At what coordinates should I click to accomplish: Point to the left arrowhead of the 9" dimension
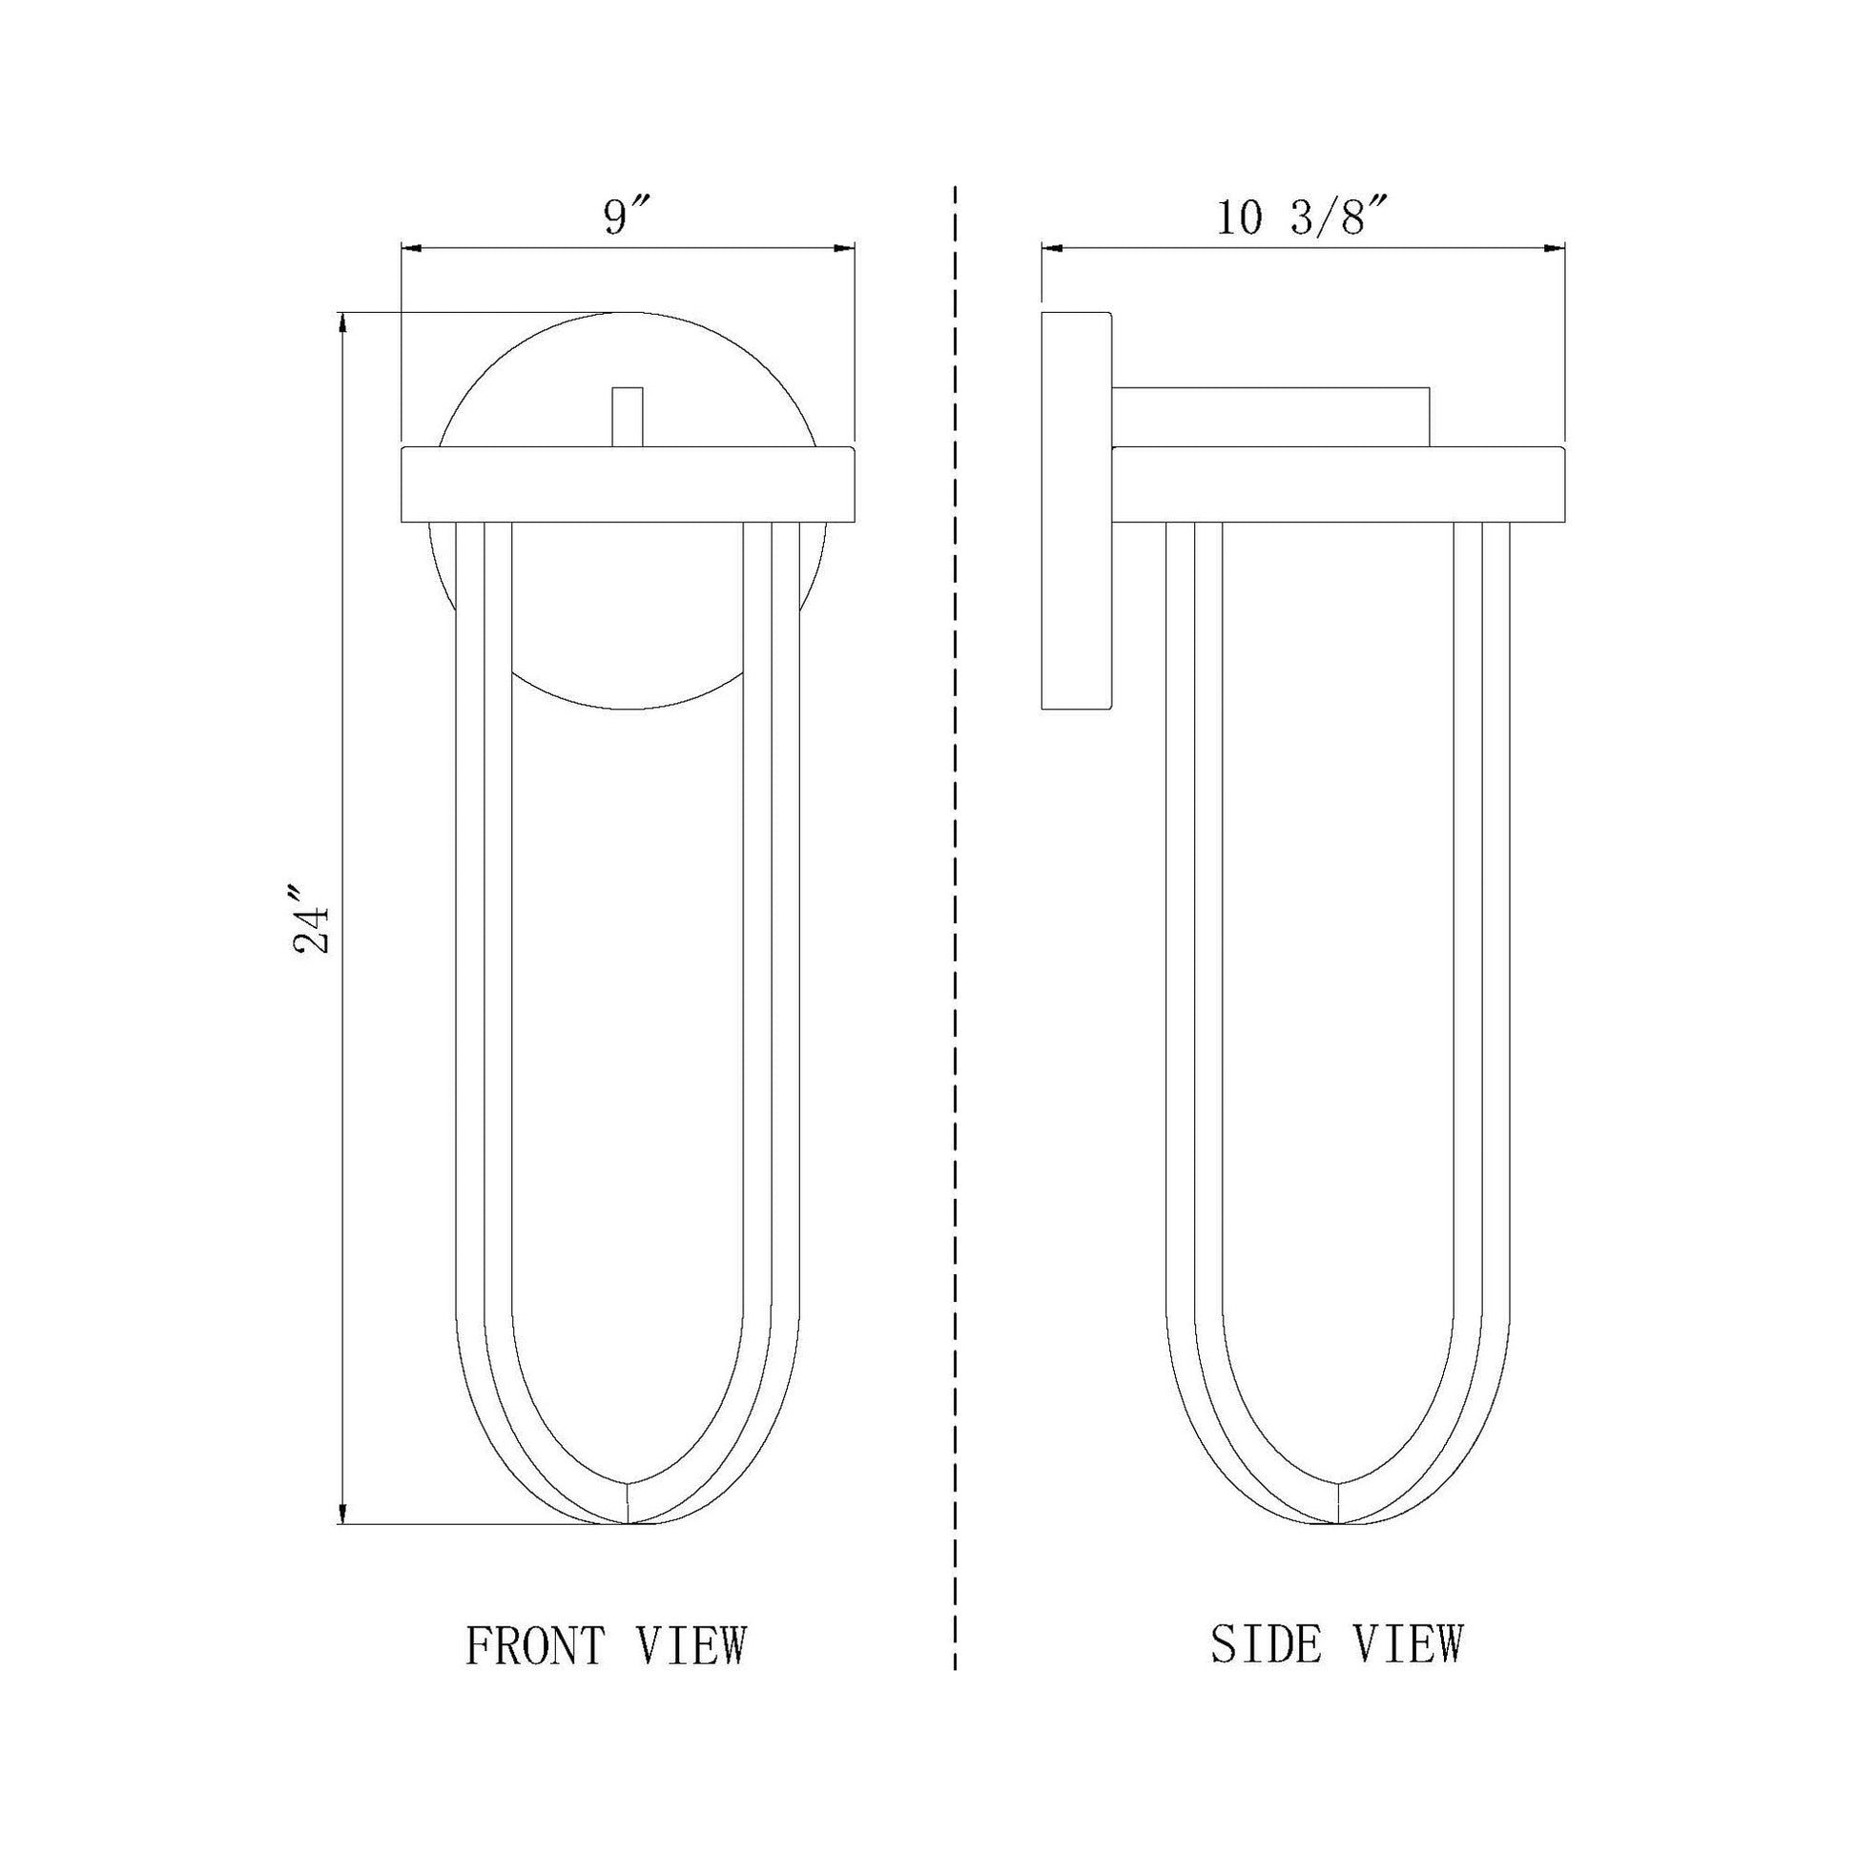coord(412,249)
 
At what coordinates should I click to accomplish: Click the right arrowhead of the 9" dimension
coord(843,249)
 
